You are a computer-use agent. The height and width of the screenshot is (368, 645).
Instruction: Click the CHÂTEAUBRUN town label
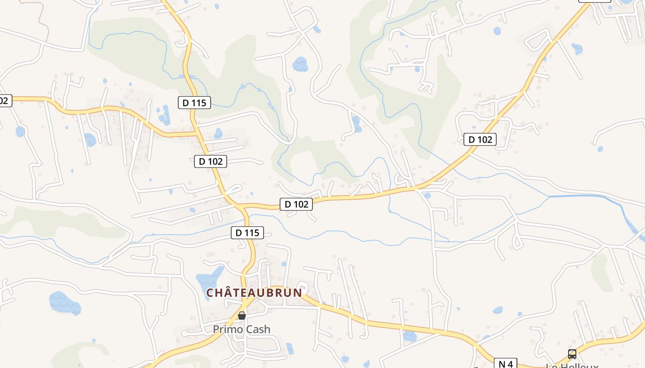[254, 293]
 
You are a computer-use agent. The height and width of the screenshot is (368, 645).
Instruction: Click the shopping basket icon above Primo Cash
[241, 316]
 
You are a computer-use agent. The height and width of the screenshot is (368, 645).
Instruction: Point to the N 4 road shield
[505, 364]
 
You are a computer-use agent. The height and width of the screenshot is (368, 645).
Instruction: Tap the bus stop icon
[572, 354]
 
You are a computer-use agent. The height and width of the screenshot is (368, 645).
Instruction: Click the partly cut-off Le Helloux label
[571, 365]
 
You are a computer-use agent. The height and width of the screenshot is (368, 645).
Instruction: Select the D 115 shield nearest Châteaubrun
[247, 233]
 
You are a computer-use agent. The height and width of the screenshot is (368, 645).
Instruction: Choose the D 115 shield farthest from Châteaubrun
[194, 103]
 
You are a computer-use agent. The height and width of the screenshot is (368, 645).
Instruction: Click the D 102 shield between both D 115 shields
[211, 161]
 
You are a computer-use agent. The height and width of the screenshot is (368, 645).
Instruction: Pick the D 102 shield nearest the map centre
[296, 204]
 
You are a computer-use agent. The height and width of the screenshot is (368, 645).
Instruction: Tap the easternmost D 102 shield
[480, 139]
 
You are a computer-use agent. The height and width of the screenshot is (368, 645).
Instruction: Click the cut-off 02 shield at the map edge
[5, 101]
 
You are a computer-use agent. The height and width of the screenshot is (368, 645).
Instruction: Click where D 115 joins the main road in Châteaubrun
[245, 301]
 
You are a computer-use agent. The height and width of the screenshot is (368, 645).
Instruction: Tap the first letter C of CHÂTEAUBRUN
[210, 293]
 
